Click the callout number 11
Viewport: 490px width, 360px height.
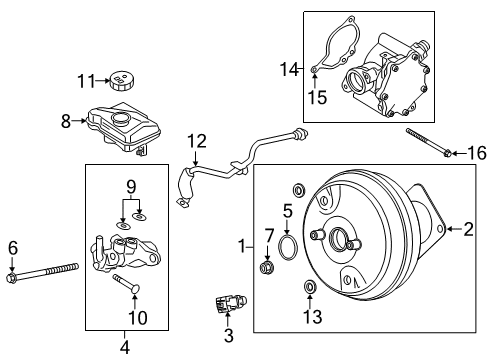(86, 79)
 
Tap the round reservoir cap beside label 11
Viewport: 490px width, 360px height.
(124, 80)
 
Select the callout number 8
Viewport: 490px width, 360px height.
(66, 121)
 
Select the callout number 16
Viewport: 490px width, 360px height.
(477, 152)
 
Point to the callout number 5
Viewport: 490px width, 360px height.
(286, 211)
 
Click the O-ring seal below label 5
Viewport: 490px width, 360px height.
(287, 246)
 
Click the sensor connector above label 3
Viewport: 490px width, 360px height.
(227, 304)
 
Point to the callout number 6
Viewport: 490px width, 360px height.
(12, 247)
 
